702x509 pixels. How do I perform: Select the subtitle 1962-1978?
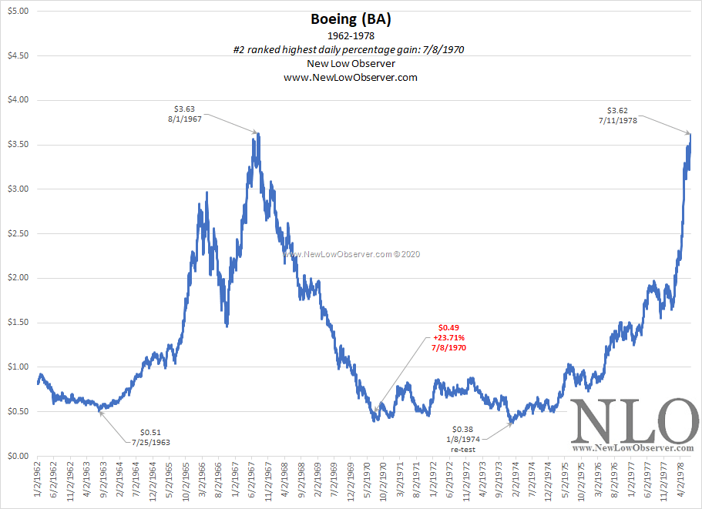point(351,36)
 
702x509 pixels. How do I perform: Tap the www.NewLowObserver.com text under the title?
point(351,78)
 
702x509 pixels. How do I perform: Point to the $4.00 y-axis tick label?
point(16,100)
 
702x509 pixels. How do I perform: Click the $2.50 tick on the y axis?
point(16,233)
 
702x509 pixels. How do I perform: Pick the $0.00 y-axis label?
point(16,455)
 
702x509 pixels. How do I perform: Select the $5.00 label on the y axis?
point(16,12)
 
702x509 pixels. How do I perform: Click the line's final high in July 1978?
point(690,135)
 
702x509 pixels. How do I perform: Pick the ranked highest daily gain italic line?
point(351,50)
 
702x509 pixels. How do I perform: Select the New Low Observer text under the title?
point(351,64)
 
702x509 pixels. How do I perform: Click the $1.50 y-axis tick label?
point(16,322)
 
